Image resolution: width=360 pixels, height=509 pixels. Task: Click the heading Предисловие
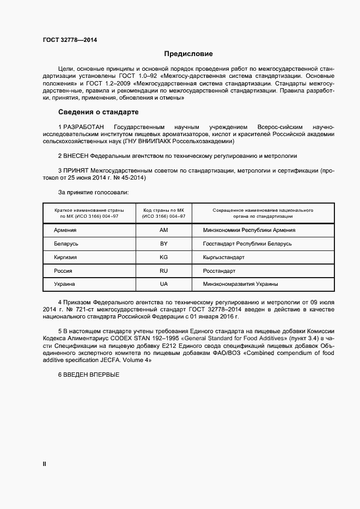[189, 54]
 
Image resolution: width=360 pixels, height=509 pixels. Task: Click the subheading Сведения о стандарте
[98, 112]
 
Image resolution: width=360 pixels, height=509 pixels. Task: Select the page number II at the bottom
[45, 464]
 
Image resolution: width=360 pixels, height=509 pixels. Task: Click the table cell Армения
[65, 230]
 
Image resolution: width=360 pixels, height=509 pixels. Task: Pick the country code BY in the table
[163, 243]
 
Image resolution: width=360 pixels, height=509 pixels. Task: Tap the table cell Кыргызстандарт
[224, 257]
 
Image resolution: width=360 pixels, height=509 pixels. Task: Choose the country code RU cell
[163, 271]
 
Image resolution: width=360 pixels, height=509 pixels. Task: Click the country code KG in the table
[163, 257]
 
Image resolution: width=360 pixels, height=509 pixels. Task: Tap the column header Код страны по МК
[163, 210]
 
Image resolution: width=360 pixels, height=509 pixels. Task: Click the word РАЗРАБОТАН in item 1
[83, 126]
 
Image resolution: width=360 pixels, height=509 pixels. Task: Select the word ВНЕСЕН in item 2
[76, 155]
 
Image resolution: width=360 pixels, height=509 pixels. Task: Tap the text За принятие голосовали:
[93, 192]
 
